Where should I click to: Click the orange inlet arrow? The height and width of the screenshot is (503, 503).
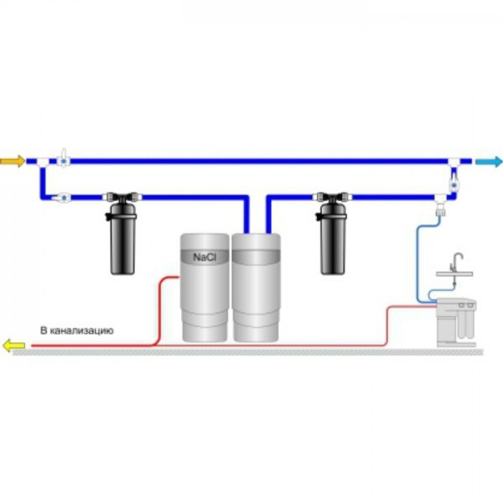point(13,159)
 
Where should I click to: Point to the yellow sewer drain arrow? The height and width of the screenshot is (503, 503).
point(13,344)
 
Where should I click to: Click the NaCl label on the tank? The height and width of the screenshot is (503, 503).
point(205,259)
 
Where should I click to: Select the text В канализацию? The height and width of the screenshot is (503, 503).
point(76,331)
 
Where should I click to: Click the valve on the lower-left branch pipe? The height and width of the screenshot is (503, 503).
point(60,199)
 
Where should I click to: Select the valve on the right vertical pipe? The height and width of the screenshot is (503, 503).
point(454,179)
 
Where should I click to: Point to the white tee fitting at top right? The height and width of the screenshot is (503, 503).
point(454,160)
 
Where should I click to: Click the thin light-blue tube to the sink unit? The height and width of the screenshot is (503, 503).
point(418,251)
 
